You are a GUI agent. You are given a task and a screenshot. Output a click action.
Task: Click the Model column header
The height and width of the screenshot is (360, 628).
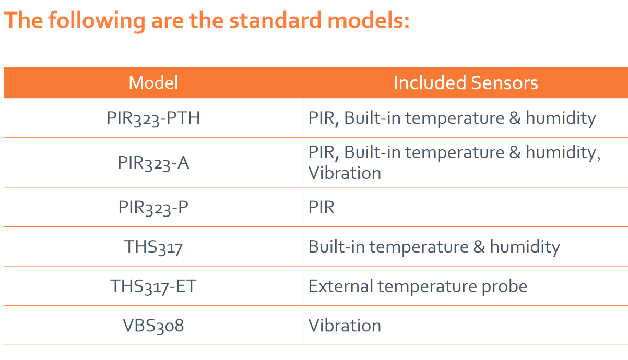tap(153, 82)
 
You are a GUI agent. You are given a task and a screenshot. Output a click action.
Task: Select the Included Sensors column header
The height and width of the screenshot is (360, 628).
tap(466, 82)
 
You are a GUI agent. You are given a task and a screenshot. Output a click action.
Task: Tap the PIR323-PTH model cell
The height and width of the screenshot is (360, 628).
tap(153, 118)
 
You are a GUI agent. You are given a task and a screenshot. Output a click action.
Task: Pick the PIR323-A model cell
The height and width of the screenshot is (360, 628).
tap(153, 163)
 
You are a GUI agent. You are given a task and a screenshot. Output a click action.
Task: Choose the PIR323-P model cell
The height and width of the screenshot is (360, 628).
tap(153, 207)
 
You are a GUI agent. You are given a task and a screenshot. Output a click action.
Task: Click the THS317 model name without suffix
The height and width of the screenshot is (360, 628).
tap(153, 247)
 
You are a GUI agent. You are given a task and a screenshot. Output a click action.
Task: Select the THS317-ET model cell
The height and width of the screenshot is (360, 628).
tap(153, 286)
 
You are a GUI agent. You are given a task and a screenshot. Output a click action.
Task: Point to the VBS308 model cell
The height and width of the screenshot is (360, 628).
tap(153, 326)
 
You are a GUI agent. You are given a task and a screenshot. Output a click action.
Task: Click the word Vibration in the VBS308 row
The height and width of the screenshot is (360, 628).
tap(345, 326)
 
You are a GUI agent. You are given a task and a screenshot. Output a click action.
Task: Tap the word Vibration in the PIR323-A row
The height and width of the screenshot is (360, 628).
tap(345, 173)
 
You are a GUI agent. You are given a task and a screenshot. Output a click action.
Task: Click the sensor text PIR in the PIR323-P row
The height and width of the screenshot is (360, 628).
tap(321, 207)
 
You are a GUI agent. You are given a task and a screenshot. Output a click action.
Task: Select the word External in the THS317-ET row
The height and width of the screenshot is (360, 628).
tap(341, 286)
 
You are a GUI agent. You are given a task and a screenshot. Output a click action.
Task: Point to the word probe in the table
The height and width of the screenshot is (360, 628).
tap(504, 287)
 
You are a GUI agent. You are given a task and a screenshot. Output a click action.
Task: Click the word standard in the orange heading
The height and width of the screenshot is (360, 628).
tap(275, 20)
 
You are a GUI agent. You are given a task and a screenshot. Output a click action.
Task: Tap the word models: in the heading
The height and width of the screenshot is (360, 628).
tap(369, 20)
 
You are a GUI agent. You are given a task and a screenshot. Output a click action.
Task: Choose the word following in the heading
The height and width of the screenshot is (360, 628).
tap(97, 21)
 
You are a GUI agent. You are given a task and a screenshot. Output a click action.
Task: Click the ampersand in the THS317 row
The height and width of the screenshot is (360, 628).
tap(479, 247)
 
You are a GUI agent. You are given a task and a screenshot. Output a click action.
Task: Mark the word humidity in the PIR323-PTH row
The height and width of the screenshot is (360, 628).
tap(561, 118)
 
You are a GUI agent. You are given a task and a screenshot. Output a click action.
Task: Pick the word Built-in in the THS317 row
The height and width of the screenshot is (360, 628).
tap(336, 247)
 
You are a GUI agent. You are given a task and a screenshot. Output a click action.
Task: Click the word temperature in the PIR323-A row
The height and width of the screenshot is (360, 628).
tap(455, 153)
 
